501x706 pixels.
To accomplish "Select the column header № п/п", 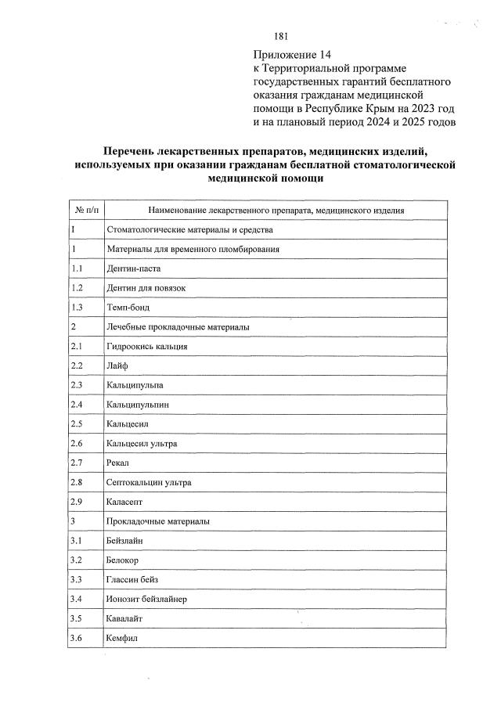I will click(x=85, y=210).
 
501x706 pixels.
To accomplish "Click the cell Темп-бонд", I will click(x=127, y=307).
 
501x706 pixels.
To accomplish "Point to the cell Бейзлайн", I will click(x=124, y=541).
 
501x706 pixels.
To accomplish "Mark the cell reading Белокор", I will click(x=123, y=560).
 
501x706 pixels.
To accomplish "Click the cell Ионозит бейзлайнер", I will click(x=146, y=600).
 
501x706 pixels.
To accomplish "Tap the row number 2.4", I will click(x=77, y=405).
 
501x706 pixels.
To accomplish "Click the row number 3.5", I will click(x=77, y=619).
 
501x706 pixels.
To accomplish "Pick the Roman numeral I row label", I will click(x=73, y=229).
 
